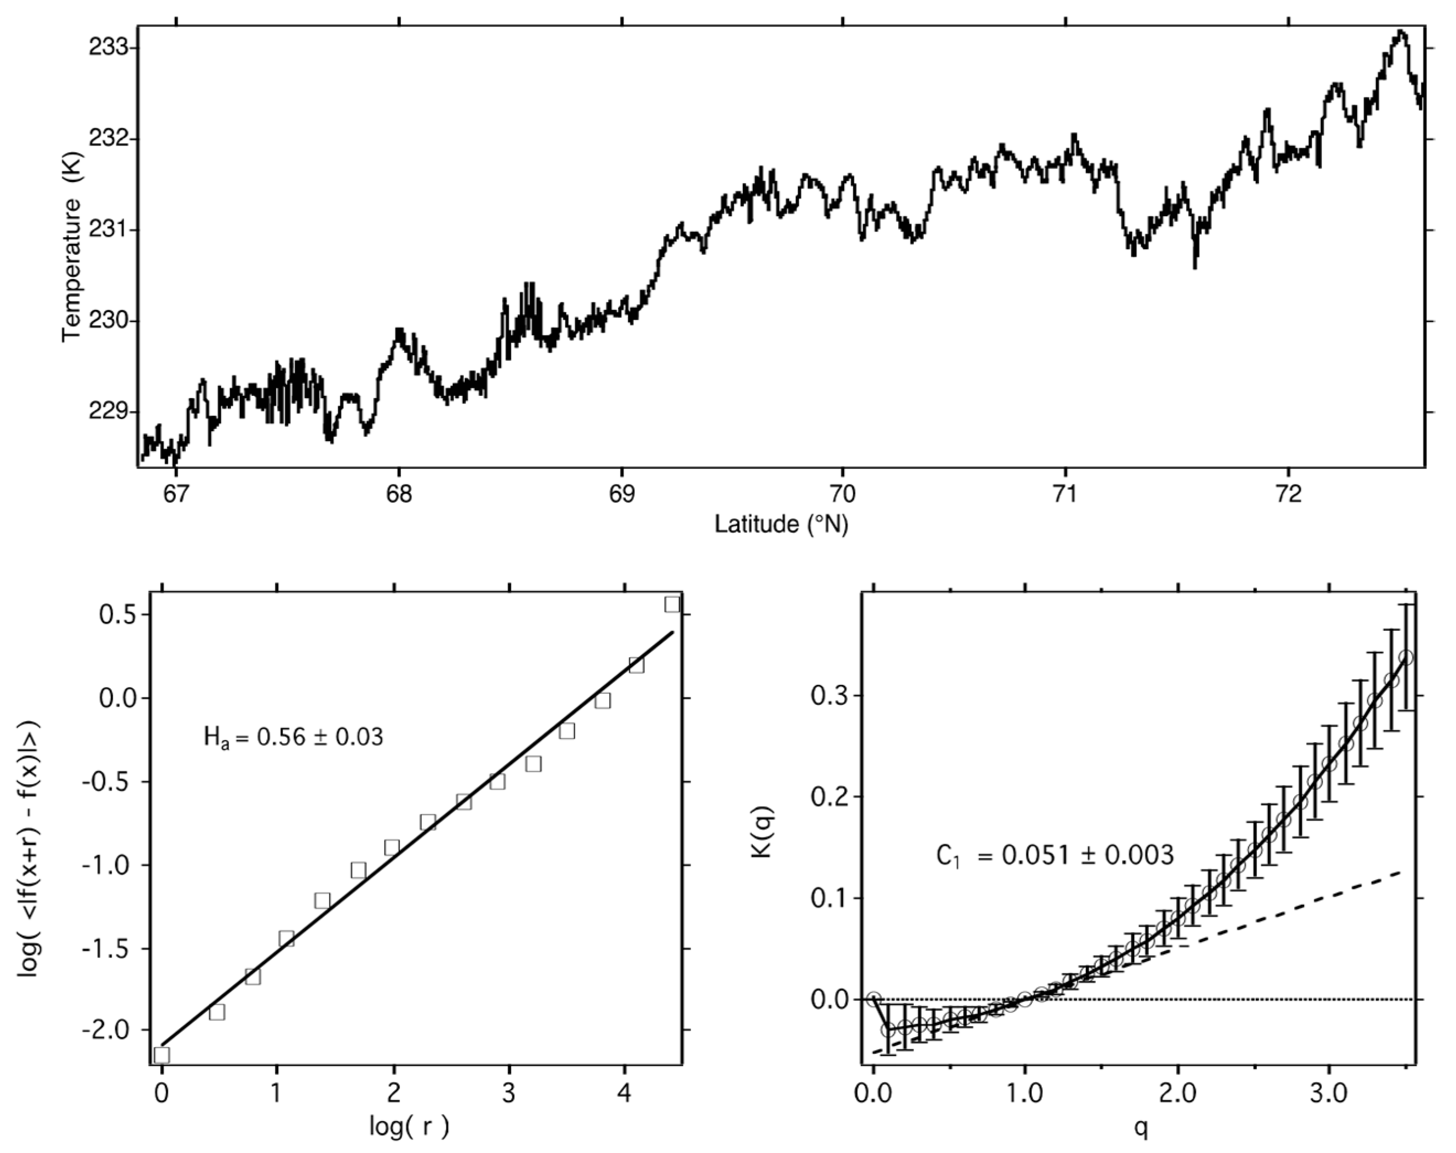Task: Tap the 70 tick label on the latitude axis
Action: coord(843,494)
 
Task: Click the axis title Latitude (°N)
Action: coord(781,524)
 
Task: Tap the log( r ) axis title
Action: coord(409,1125)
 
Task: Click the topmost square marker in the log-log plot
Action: coord(672,604)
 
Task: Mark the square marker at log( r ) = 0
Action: coord(162,1054)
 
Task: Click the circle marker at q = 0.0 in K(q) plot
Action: coord(874,999)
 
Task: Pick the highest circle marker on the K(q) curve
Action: coord(1406,657)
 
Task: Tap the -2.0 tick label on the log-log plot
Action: coord(112,1030)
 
